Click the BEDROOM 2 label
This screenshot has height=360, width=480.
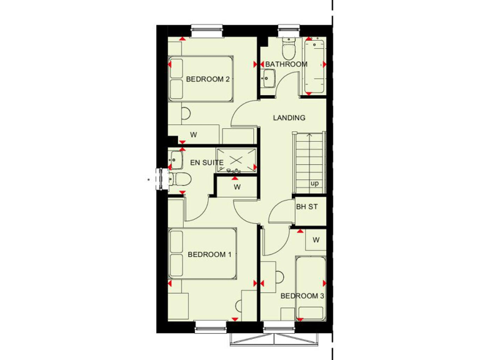[x=209, y=79]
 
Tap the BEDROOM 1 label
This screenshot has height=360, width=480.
[x=210, y=254]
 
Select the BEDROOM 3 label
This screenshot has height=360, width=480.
[x=302, y=296]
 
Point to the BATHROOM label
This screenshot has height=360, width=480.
[x=286, y=64]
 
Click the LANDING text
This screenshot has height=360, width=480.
[x=289, y=117]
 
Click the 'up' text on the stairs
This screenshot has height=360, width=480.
[x=314, y=184]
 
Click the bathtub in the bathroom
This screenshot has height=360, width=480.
[x=314, y=66]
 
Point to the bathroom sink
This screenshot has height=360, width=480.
[x=269, y=79]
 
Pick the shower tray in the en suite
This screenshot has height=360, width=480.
[x=236, y=160]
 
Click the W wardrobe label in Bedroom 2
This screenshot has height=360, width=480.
[x=194, y=134]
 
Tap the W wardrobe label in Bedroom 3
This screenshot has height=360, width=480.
[x=316, y=239]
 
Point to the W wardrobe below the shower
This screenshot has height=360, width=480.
[x=237, y=186]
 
